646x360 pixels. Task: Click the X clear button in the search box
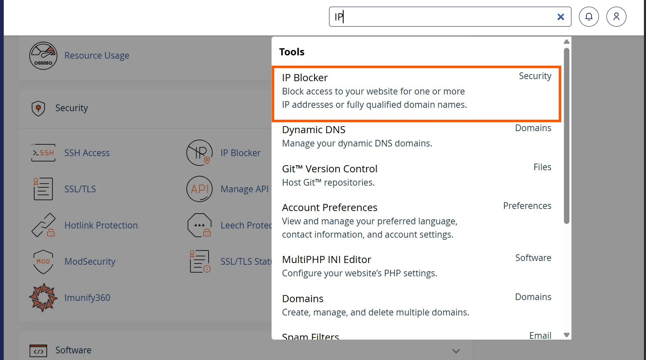[561, 17]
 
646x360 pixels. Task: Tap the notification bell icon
[589, 17]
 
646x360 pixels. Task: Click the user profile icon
[616, 17]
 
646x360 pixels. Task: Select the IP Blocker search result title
[304, 78]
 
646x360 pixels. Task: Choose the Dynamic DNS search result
[314, 130]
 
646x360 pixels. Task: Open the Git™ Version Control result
[329, 169]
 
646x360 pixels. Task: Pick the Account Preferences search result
[329, 208]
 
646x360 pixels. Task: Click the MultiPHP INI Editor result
[327, 260]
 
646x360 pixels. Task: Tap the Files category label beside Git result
[542, 167]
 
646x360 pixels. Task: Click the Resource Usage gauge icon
[43, 56]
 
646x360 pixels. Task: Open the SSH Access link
[87, 153]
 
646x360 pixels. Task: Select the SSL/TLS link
[80, 189]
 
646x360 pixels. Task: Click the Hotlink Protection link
[101, 226]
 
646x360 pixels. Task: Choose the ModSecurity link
[90, 262]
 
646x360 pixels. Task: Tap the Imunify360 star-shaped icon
[43, 298]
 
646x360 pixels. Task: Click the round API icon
[200, 189]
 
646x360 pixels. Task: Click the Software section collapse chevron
[456, 351]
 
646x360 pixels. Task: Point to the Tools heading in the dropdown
[292, 52]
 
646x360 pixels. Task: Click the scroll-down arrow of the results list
[566, 335]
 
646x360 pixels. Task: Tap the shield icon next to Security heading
[38, 109]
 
